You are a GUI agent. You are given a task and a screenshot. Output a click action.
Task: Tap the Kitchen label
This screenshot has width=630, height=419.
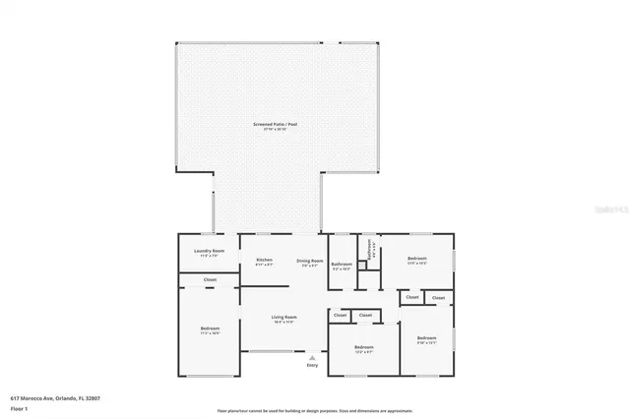(265, 260)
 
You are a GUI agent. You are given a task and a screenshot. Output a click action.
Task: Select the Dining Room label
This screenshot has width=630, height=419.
(311, 260)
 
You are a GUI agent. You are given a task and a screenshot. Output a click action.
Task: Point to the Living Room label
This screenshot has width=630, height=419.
(283, 317)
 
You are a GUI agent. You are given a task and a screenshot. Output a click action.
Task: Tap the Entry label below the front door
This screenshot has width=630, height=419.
(312, 365)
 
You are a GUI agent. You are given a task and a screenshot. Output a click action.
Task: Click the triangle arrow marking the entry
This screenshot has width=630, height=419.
(312, 358)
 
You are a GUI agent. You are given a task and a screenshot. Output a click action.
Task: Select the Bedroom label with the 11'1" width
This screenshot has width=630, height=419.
(210, 328)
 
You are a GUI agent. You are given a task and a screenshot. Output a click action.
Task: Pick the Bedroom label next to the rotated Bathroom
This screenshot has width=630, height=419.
(416, 258)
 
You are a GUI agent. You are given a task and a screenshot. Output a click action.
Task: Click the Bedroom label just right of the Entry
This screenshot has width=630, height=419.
(363, 346)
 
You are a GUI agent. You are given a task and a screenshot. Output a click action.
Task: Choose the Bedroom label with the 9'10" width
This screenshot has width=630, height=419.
(426, 338)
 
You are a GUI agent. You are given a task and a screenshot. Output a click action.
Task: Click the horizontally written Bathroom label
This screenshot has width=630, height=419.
(342, 264)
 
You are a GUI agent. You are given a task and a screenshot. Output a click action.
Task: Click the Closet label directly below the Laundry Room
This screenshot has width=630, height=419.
(210, 280)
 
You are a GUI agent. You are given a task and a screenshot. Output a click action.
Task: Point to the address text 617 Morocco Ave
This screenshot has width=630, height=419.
(55, 398)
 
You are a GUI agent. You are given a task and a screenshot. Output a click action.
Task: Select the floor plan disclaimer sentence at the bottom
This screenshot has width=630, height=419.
(315, 410)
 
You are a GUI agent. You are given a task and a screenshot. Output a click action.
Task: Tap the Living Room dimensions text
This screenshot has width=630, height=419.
(283, 323)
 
